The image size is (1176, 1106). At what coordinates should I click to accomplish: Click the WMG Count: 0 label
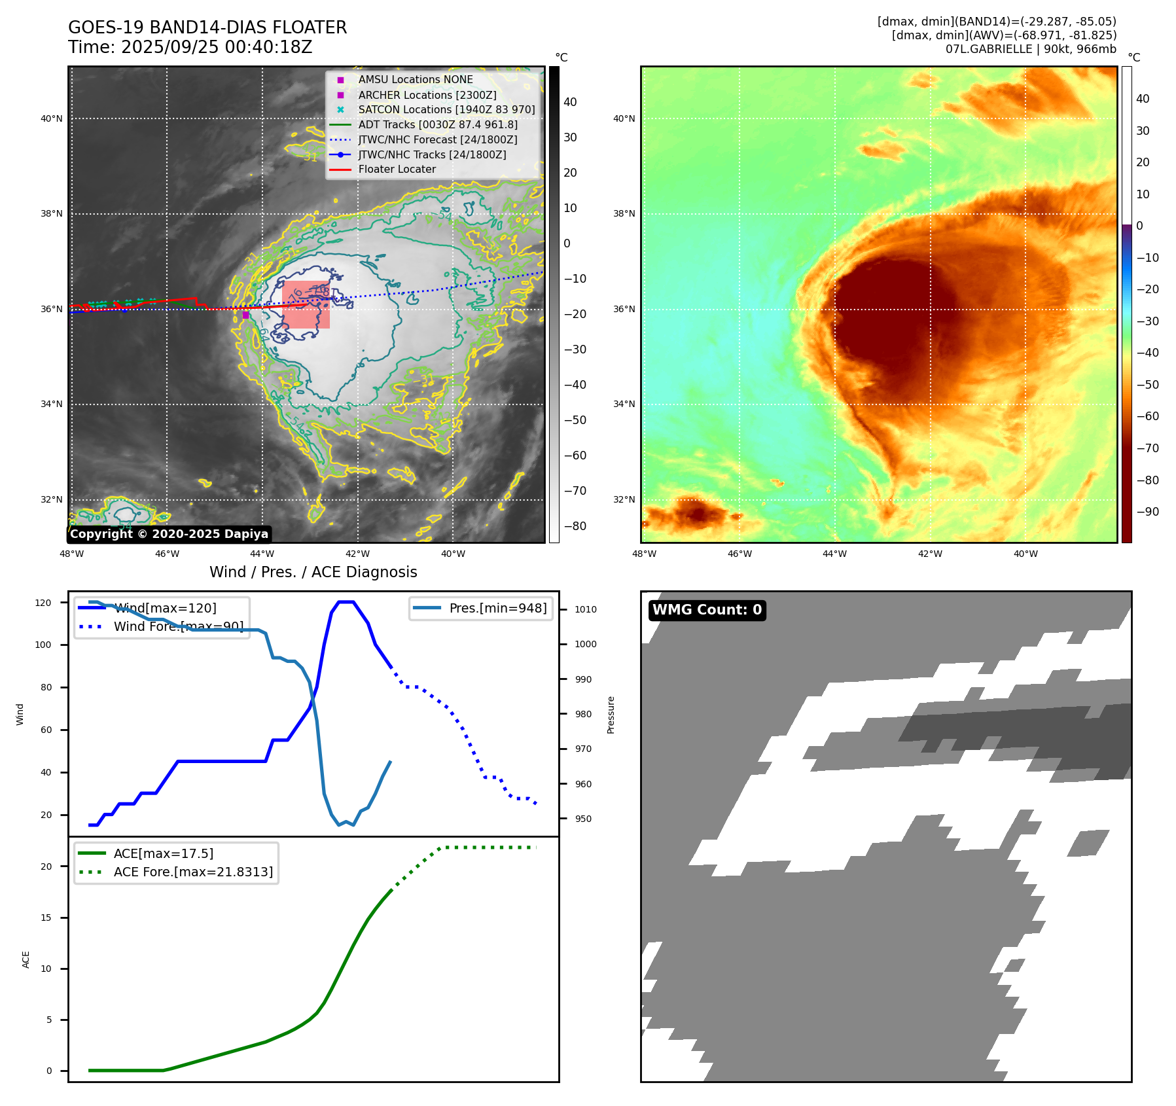tap(707, 610)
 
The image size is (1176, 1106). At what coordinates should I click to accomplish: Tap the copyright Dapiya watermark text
tap(169, 534)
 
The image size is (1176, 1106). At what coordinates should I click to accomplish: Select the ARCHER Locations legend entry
tap(427, 95)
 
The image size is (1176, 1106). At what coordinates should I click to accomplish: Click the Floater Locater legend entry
tap(397, 169)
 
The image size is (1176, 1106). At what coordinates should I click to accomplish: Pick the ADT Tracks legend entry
tap(437, 124)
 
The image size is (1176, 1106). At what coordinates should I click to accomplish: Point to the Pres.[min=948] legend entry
tap(497, 608)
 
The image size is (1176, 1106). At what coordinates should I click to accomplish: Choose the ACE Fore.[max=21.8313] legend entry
tap(193, 872)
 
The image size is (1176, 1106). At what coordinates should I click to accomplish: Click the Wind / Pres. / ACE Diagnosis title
tap(313, 572)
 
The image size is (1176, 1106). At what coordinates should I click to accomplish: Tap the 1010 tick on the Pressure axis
tap(585, 609)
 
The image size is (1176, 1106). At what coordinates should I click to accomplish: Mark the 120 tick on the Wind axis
tap(43, 603)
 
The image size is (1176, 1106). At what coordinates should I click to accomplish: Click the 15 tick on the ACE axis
tap(46, 918)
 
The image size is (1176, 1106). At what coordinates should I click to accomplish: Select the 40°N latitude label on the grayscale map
tap(52, 118)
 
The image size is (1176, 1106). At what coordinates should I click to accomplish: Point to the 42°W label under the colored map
tap(930, 554)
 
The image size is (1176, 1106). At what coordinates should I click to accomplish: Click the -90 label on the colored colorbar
tap(1147, 512)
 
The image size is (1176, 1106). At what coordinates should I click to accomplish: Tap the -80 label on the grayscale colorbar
tap(575, 526)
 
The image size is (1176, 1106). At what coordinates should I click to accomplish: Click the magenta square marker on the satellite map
tap(245, 315)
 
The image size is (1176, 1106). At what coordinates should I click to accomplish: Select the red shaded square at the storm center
tap(306, 305)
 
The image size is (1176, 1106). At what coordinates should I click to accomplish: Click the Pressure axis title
tap(611, 715)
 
